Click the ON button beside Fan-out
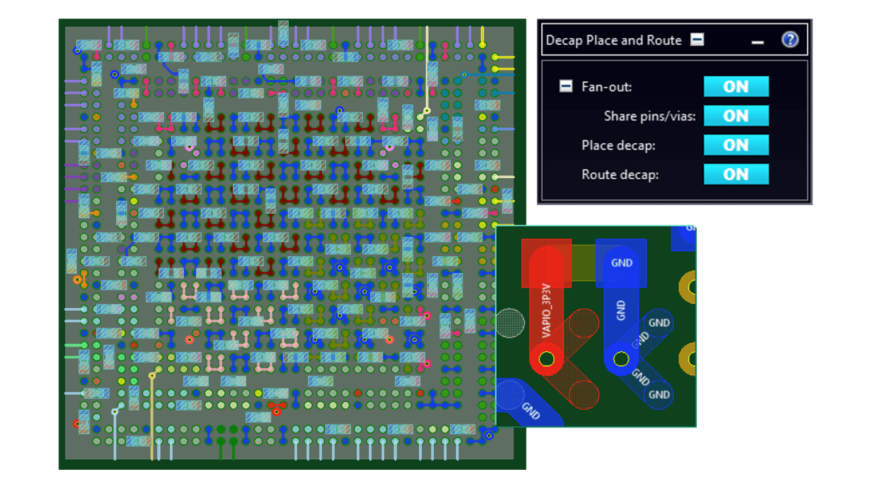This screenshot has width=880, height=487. [x=736, y=87]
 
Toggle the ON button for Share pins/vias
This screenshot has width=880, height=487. [x=736, y=116]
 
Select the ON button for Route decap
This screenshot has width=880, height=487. [x=736, y=174]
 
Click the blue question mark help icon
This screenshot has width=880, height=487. [x=789, y=40]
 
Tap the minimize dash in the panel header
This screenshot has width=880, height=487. [x=757, y=42]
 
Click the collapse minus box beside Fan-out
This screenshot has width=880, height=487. [x=565, y=87]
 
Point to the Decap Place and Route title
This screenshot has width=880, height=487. [x=613, y=40]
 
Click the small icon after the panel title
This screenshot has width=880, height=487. [x=697, y=40]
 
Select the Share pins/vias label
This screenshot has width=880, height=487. [x=649, y=116]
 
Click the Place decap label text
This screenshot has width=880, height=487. [x=618, y=146]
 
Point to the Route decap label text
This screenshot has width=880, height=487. [x=620, y=175]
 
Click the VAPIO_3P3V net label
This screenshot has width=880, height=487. [x=546, y=311]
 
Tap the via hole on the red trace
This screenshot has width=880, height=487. [x=547, y=359]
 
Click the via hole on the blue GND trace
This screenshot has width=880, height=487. [x=621, y=359]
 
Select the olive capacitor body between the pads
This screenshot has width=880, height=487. [x=583, y=263]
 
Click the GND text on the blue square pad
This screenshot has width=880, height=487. [x=622, y=263]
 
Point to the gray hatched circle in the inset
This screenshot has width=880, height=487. [x=509, y=323]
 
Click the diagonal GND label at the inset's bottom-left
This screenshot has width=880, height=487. [x=531, y=411]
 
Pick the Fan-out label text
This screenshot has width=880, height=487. [x=606, y=87]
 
